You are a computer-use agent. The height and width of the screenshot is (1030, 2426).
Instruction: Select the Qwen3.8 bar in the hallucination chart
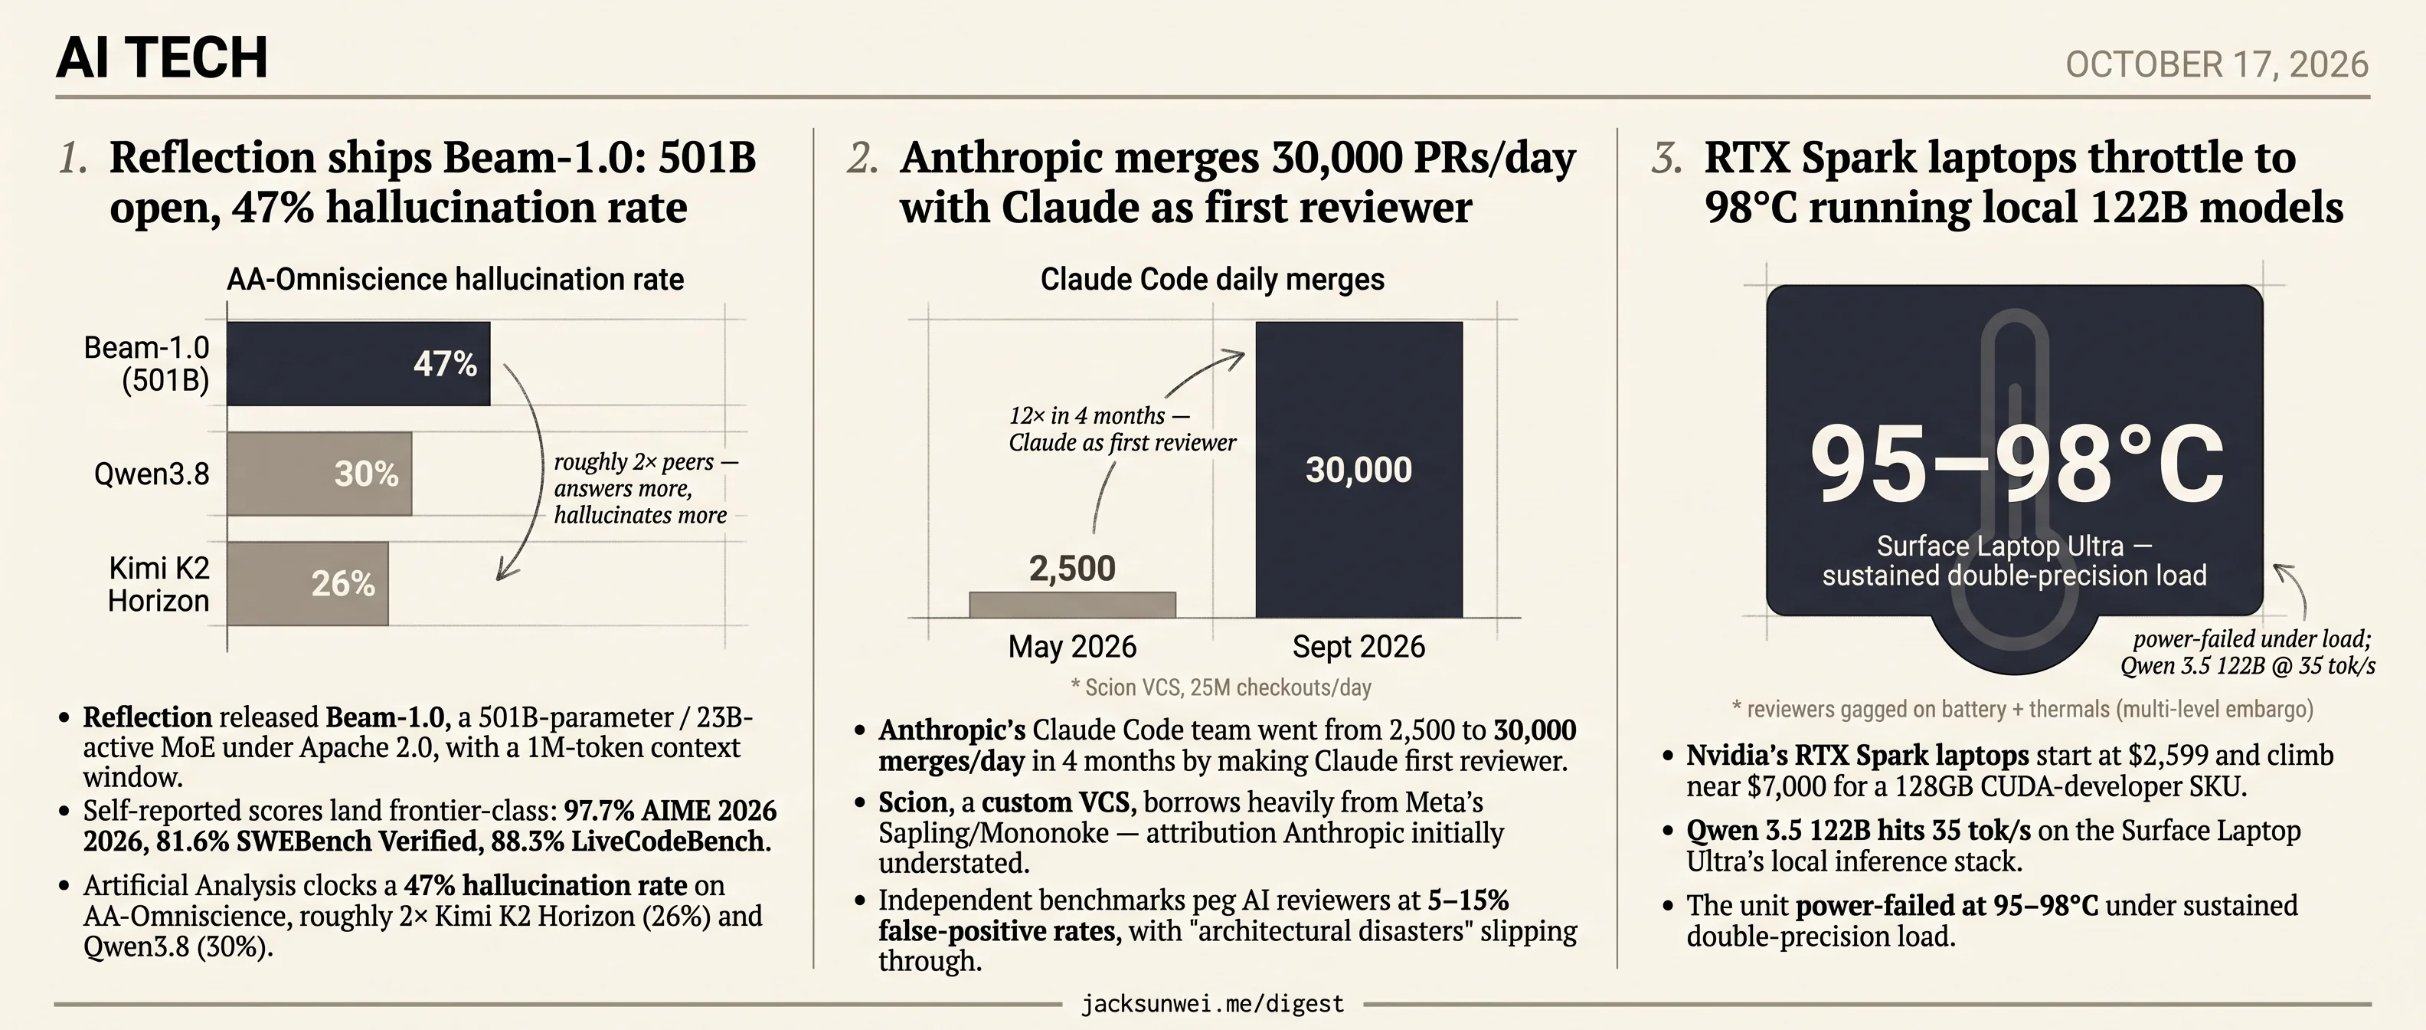coord(319,474)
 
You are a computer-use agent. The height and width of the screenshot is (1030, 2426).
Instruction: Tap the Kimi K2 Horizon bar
coord(308,583)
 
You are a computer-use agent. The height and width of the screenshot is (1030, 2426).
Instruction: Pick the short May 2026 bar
coord(1073,605)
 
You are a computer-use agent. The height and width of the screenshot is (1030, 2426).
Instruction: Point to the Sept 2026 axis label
coord(1359,648)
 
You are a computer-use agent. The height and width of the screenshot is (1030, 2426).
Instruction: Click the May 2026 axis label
coord(1073,648)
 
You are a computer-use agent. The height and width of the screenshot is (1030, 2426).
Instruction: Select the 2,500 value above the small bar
coord(1073,568)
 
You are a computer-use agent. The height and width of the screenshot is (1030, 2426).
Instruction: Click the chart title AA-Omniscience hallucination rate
coord(455,280)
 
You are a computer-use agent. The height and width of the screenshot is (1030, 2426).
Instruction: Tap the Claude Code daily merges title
coord(1212,280)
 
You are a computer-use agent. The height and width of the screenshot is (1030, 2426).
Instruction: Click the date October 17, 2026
coord(2217,65)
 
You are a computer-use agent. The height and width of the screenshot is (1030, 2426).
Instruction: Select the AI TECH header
coord(162,57)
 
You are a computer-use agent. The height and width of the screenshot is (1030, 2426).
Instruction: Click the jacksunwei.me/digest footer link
coord(1213,1005)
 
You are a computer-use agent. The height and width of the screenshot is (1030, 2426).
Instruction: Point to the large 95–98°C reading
coord(2016,464)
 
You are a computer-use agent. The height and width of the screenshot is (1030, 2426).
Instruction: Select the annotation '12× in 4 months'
coord(1099,415)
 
